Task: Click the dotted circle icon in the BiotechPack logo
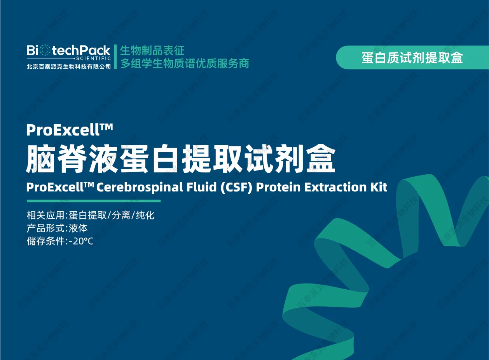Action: point(45,50)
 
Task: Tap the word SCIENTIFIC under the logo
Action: point(93,58)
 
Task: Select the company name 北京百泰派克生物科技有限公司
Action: point(69,66)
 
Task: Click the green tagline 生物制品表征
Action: point(152,50)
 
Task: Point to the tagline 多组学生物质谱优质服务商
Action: point(185,63)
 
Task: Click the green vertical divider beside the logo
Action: point(115,57)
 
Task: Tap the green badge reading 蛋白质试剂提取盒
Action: point(412,57)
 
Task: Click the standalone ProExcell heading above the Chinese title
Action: point(70,130)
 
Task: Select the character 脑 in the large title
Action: point(40,158)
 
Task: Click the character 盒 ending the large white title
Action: point(321,158)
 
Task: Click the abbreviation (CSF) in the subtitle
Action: point(236,188)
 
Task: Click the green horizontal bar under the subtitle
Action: point(94,201)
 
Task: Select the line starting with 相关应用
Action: point(91,215)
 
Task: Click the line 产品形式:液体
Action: point(57,228)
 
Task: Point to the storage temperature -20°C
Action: point(81,241)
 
